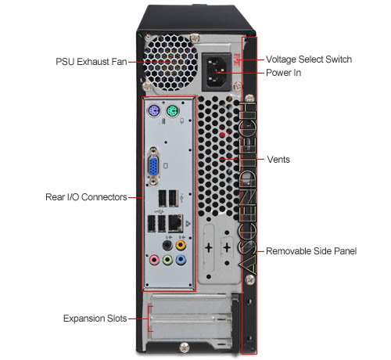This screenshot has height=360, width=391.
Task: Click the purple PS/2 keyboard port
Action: point(154,111)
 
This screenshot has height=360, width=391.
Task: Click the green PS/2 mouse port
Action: point(172,111)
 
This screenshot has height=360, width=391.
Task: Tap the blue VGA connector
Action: point(153,166)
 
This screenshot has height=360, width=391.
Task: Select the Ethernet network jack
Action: point(175,223)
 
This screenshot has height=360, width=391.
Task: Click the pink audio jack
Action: point(154,260)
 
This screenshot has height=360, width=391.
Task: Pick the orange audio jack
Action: point(181,245)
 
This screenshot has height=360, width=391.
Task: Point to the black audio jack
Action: point(167,245)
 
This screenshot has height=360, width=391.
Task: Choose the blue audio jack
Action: point(181,260)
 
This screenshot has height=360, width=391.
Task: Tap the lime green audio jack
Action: point(167,260)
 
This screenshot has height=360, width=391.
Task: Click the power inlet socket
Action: point(217,72)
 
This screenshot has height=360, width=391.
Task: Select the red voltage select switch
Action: point(237,59)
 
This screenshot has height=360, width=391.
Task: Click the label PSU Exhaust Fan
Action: point(91,62)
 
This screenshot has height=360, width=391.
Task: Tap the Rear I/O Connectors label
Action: point(86,197)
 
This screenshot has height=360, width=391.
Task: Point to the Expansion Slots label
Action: point(95,319)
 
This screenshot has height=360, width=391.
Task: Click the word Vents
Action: point(278,160)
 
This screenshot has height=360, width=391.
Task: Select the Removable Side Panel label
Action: point(311,251)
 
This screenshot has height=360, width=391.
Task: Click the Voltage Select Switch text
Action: point(309,59)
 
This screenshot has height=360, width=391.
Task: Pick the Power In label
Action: point(283,73)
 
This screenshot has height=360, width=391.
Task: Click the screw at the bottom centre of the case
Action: point(185,347)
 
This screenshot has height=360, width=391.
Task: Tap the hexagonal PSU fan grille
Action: point(170,63)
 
